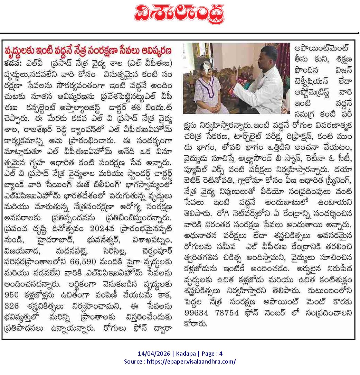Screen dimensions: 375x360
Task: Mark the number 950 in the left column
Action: tap(12, 294)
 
